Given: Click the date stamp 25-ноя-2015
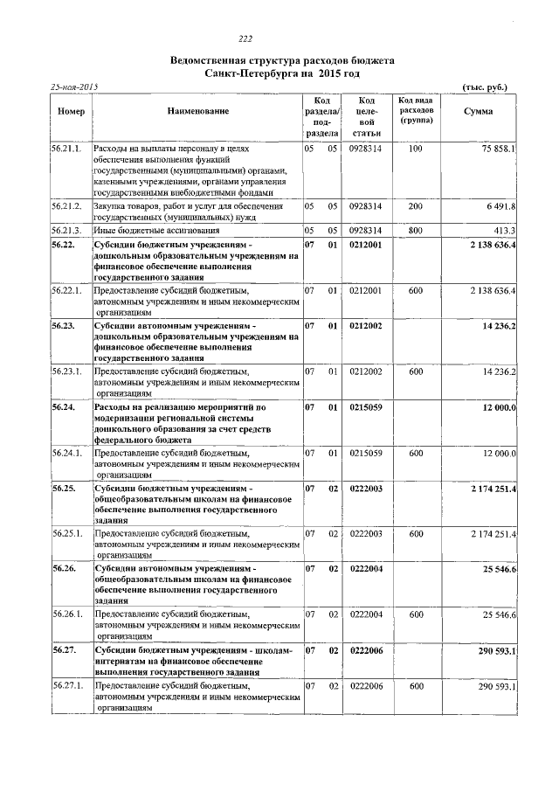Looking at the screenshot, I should click(73, 87).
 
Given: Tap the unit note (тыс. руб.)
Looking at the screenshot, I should click(484, 87).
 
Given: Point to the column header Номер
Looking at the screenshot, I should click(70, 111).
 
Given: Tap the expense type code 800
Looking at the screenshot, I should click(415, 230).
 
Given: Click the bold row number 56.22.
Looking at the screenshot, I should click(62, 245).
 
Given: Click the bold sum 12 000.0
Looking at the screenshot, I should click(498, 408).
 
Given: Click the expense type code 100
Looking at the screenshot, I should click(415, 149).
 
